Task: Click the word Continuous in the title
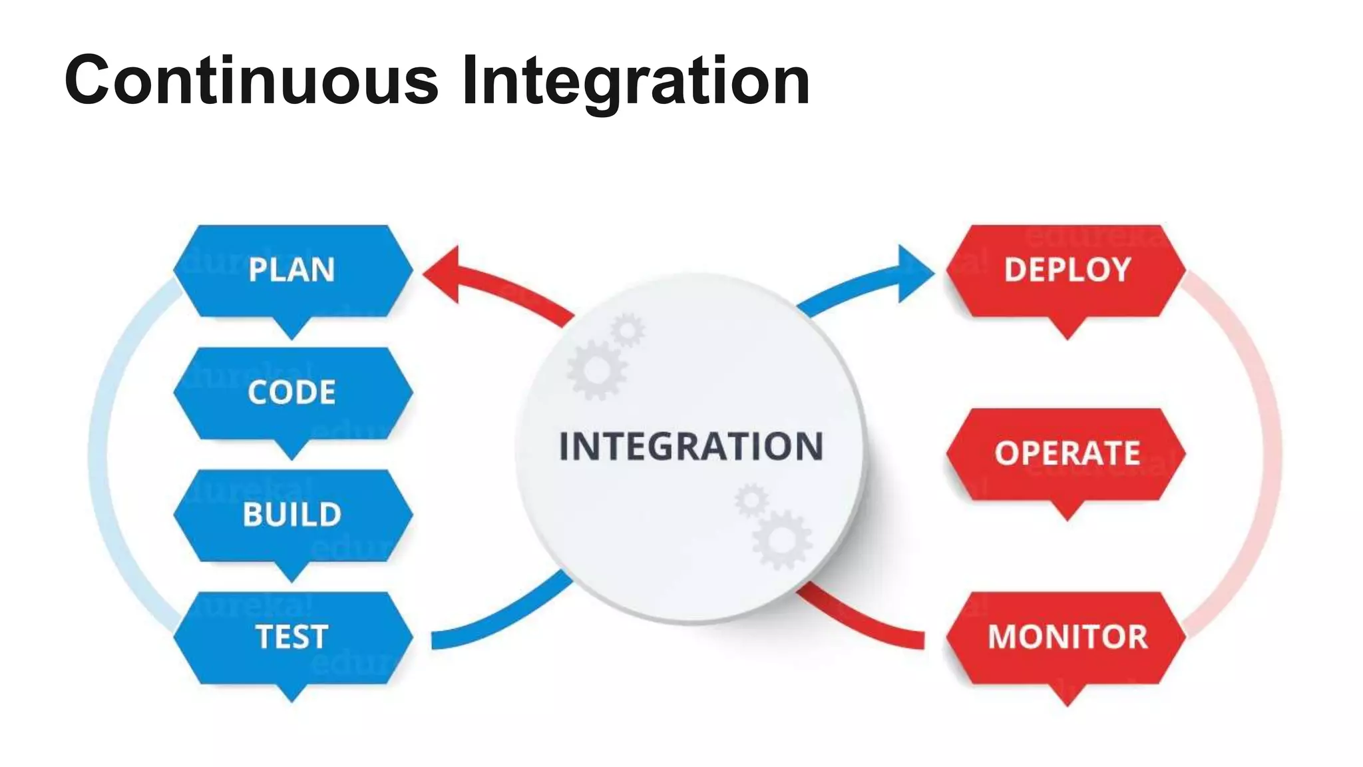click(x=251, y=81)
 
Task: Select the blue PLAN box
click(x=292, y=270)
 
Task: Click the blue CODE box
click(x=292, y=393)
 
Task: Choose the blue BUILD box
click(x=292, y=515)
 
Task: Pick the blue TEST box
click(x=292, y=637)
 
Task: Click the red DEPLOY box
click(x=1066, y=270)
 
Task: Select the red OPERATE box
click(x=1066, y=454)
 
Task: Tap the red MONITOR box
click(x=1066, y=637)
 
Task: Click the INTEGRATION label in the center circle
click(x=691, y=447)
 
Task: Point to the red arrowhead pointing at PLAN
click(x=443, y=274)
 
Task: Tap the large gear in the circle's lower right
click(x=781, y=539)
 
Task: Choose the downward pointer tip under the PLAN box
click(x=292, y=333)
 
